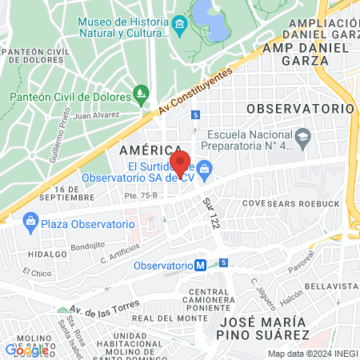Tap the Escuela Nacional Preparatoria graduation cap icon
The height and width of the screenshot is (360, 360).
click(x=303, y=138)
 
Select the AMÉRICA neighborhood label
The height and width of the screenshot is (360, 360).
click(x=150, y=150)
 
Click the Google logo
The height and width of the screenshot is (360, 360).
click(x=26, y=350)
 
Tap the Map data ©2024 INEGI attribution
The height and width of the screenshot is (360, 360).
click(x=312, y=354)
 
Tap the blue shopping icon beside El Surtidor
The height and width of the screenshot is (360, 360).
click(x=205, y=168)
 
